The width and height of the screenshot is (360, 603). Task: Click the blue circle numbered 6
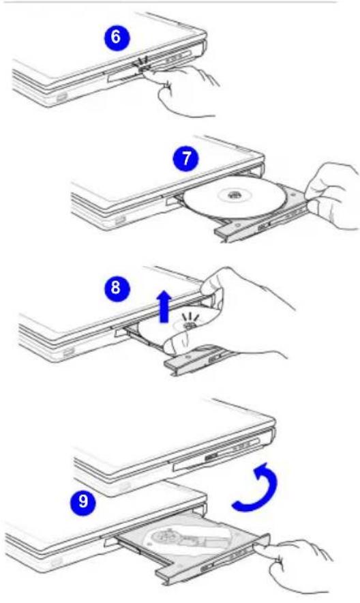[117, 38]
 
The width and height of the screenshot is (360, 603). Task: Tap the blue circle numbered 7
[186, 158]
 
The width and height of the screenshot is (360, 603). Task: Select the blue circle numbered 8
[116, 288]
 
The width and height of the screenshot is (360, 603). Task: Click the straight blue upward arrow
[165, 306]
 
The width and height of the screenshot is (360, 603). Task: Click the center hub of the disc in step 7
[232, 195]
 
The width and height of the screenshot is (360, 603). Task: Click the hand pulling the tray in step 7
[332, 196]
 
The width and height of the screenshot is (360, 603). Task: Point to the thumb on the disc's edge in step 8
[176, 343]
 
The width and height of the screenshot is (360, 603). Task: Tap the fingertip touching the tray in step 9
[263, 547]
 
